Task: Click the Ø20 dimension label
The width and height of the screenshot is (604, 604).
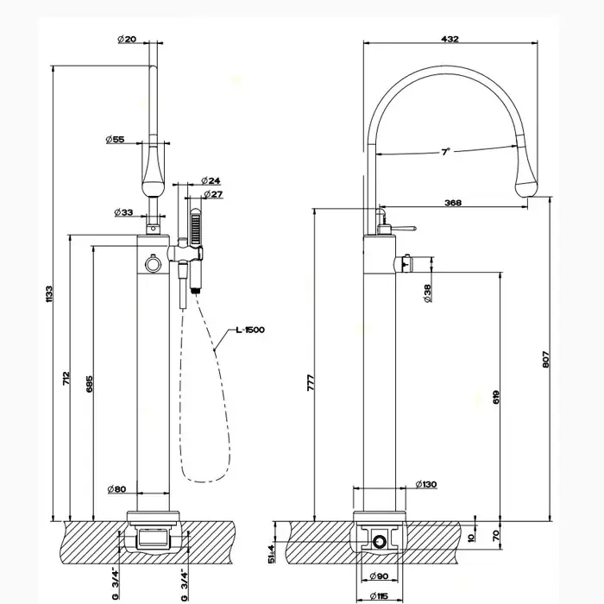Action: coord(125,38)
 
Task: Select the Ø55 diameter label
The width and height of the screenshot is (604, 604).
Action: coord(116,139)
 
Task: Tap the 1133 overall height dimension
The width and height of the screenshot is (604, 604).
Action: coord(49,293)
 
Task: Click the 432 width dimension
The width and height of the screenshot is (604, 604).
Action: coord(450,38)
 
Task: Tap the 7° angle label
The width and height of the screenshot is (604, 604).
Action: coord(445,151)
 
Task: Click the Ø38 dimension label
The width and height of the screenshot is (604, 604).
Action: coord(428,296)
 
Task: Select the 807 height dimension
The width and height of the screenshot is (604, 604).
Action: coord(544,362)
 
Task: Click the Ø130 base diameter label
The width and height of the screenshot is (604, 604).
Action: coord(426,484)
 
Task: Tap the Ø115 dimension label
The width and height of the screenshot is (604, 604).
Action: coord(381,595)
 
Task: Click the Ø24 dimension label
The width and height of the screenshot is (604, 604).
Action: coord(211,180)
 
